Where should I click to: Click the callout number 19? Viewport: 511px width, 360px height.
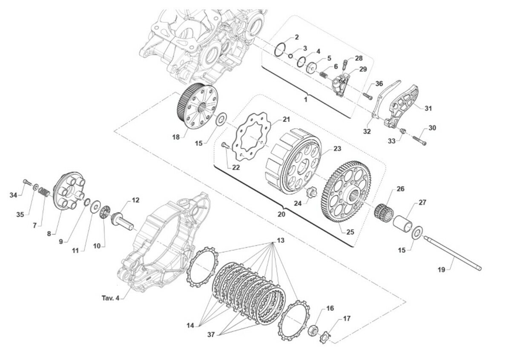point(442,270)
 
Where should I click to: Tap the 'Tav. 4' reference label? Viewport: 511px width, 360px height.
point(110,298)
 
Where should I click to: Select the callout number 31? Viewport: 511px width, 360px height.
point(428,108)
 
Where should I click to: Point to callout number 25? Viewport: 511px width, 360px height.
point(350,232)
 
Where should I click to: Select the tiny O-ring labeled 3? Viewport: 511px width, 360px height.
point(290,56)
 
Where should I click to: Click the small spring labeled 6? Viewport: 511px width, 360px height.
point(323,75)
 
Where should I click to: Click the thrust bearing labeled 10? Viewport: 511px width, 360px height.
point(106,212)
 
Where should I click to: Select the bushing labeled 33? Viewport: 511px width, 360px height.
point(403,131)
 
